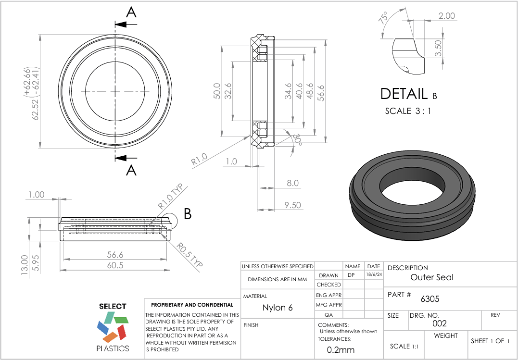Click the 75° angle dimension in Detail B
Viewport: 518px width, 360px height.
pyautogui.click(x=383, y=19)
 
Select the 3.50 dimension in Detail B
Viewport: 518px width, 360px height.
pyautogui.click(x=438, y=48)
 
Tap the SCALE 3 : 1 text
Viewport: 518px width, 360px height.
pyautogui.click(x=408, y=111)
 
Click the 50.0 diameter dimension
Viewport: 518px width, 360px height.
pyautogui.click(x=217, y=91)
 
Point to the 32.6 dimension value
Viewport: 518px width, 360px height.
pyautogui.click(x=228, y=91)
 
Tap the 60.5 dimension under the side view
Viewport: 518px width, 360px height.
pyautogui.click(x=115, y=265)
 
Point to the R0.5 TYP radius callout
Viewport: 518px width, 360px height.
pyautogui.click(x=188, y=254)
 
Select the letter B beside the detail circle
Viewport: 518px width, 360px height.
pyautogui.click(x=188, y=214)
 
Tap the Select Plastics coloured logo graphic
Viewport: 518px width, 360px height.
pyautogui.click(x=113, y=327)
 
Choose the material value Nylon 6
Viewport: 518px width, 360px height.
pyautogui.click(x=277, y=308)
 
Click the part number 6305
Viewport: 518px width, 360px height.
pyautogui.click(x=430, y=298)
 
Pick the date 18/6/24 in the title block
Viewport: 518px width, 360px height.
pyautogui.click(x=374, y=275)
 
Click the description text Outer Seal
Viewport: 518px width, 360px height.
pyautogui.click(x=431, y=277)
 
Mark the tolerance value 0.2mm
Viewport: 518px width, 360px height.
pyautogui.click(x=341, y=350)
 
